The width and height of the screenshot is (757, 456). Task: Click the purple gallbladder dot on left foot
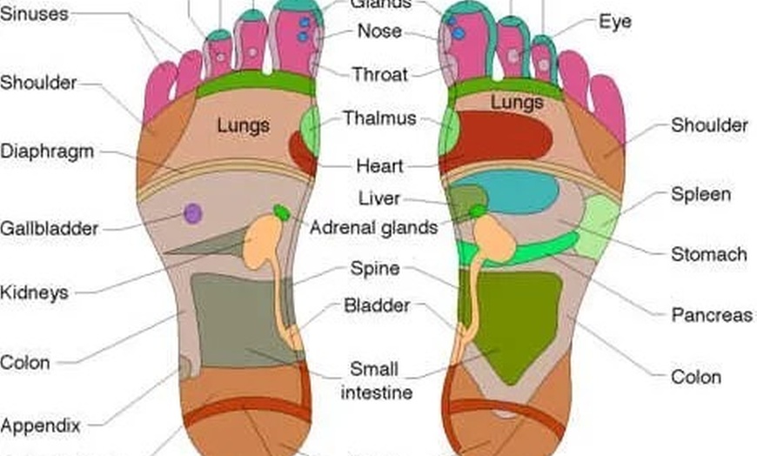(193, 213)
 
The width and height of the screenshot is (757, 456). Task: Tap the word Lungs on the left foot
(244, 125)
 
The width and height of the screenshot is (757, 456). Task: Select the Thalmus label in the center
(379, 118)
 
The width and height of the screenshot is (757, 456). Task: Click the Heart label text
(379, 165)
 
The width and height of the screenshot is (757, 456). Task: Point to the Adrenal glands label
(373, 229)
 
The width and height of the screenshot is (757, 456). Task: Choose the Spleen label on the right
(700, 194)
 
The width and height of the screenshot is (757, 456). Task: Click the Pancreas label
(711, 315)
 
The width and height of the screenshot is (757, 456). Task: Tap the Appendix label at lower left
(40, 426)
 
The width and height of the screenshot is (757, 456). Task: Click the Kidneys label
(34, 292)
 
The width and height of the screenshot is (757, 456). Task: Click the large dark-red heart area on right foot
(499, 137)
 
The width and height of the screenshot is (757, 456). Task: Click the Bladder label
(377, 305)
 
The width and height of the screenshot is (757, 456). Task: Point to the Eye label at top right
(614, 21)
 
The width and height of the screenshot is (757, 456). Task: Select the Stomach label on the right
(708, 254)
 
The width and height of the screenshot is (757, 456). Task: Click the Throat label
(379, 74)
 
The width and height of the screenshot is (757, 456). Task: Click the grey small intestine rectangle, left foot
(231, 318)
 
